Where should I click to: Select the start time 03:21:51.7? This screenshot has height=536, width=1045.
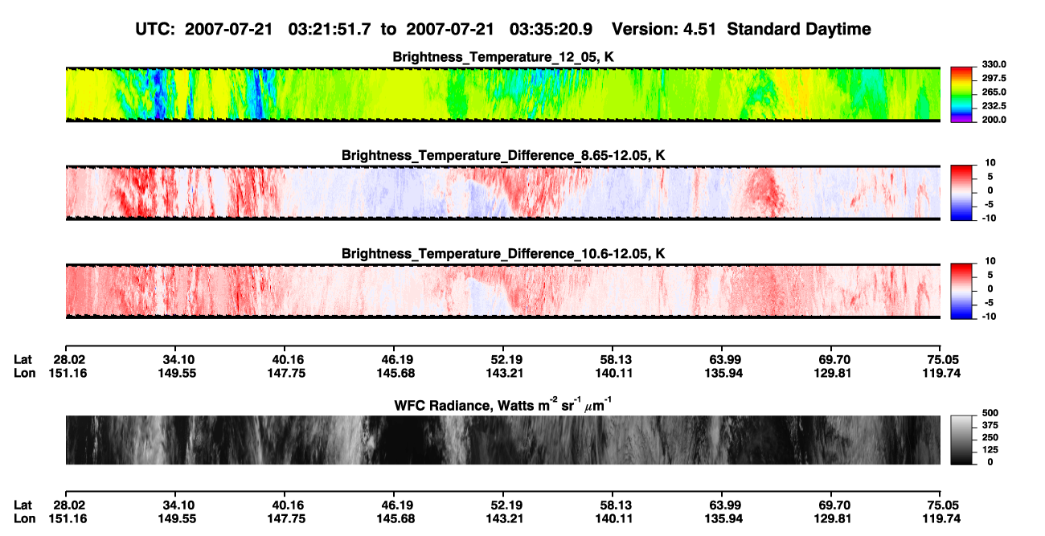point(330,29)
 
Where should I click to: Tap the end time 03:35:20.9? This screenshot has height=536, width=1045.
point(551,29)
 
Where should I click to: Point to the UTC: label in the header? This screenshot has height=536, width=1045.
point(155,29)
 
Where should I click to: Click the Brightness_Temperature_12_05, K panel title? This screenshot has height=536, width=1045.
point(503,57)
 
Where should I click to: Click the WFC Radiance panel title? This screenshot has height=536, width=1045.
point(502,404)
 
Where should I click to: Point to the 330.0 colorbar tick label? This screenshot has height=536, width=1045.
point(994,64)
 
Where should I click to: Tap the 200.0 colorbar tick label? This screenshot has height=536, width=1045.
point(994,120)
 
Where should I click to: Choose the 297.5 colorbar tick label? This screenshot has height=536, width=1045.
point(994,78)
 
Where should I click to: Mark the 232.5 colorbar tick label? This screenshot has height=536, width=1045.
point(994,106)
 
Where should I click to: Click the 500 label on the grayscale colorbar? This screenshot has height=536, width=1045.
point(990,413)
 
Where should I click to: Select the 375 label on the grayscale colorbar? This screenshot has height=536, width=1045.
point(990,425)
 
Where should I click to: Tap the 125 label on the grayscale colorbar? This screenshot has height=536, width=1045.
point(990,450)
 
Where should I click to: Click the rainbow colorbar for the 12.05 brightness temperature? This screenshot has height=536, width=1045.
point(961,95)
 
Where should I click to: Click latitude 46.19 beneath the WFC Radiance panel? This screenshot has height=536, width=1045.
point(396,505)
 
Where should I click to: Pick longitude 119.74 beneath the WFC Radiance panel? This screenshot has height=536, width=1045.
point(941,519)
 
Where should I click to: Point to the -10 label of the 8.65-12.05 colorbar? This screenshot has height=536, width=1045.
point(990,218)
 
